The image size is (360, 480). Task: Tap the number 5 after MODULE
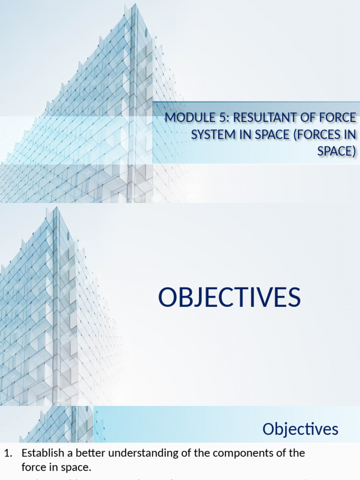coord(220,118)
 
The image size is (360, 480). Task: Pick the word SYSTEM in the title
coord(212,135)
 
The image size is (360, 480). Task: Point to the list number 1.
coord(7,453)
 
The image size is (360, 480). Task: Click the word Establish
coord(40,453)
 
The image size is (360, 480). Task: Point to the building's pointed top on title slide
coord(134,6)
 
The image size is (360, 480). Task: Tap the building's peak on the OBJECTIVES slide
coord(55,209)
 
